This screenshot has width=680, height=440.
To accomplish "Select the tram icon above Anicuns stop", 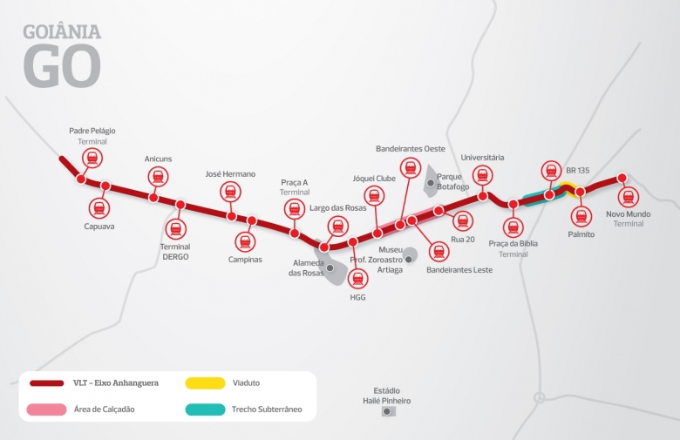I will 158,177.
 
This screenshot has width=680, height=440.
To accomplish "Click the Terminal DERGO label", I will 175,252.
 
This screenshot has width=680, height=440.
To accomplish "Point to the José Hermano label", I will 230,174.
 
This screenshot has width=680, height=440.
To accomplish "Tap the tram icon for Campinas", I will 244,241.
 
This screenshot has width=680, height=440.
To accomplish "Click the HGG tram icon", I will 357,279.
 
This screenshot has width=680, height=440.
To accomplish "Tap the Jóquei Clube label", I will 374,179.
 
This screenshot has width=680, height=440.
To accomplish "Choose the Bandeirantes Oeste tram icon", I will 410,167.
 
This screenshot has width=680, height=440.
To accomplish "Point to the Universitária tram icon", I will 482,176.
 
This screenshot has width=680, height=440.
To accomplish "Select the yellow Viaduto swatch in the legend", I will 204,382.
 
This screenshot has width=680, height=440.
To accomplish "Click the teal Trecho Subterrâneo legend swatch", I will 204,409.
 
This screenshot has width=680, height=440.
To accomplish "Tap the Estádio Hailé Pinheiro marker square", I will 387,411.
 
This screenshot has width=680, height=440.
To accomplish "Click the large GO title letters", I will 62,65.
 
